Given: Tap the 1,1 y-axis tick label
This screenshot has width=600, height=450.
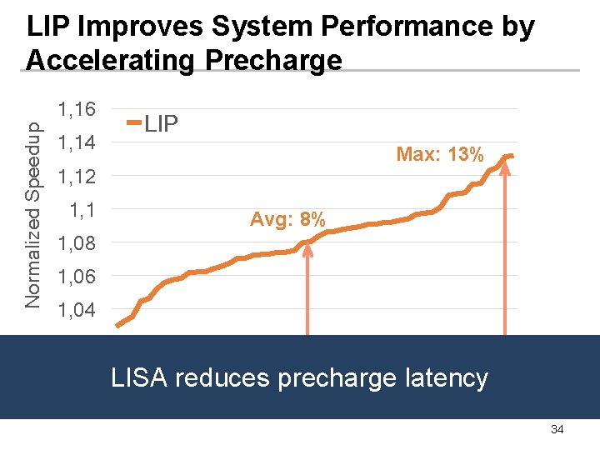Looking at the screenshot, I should click(x=82, y=209).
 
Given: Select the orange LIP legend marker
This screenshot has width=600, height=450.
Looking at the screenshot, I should click(x=134, y=124).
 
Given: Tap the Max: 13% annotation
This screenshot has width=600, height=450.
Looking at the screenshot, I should click(x=440, y=154).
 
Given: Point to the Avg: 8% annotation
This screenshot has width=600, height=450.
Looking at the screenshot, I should click(x=288, y=220).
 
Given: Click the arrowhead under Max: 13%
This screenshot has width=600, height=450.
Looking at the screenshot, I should click(x=505, y=160).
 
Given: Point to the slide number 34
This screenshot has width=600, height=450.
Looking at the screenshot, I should click(x=557, y=429).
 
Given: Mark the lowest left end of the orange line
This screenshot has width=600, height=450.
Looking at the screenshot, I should click(x=117, y=325).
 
